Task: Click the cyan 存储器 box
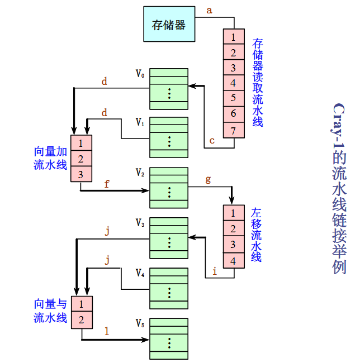point(168,25)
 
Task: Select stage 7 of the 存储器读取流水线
point(233,131)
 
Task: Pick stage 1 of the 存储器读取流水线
point(233,38)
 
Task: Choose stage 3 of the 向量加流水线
point(81,174)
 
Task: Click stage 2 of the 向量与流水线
point(82,320)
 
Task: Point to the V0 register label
point(140,73)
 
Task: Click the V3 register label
point(140,223)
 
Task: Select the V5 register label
point(140,323)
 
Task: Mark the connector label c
point(212,141)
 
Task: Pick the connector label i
point(214,272)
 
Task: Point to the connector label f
point(107,183)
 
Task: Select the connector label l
point(107,331)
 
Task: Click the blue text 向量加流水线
point(50,158)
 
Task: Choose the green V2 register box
point(169,183)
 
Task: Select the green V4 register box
point(169,288)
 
